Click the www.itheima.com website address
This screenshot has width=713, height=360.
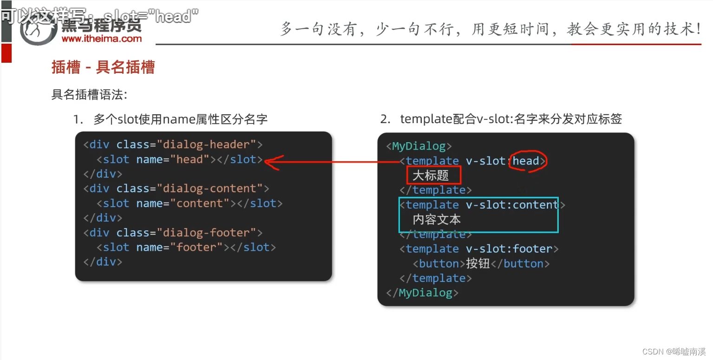click(x=101, y=39)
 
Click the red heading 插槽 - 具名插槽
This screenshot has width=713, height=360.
click(x=103, y=68)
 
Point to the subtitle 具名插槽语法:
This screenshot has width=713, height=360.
click(x=89, y=95)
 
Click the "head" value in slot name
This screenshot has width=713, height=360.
click(x=190, y=159)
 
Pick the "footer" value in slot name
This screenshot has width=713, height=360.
click(x=196, y=247)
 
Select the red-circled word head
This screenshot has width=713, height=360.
click(x=527, y=161)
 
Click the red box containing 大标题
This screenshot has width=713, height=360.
click(x=433, y=176)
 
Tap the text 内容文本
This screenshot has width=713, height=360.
click(x=436, y=219)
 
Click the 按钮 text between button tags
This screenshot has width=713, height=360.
click(x=478, y=263)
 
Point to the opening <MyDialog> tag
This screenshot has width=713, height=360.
click(x=419, y=146)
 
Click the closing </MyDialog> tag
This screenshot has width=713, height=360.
click(x=422, y=293)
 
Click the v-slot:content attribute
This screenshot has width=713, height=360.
click(x=512, y=205)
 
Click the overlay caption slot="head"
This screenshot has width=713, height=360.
click(x=152, y=17)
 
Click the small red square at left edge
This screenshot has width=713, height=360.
click(x=6, y=54)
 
